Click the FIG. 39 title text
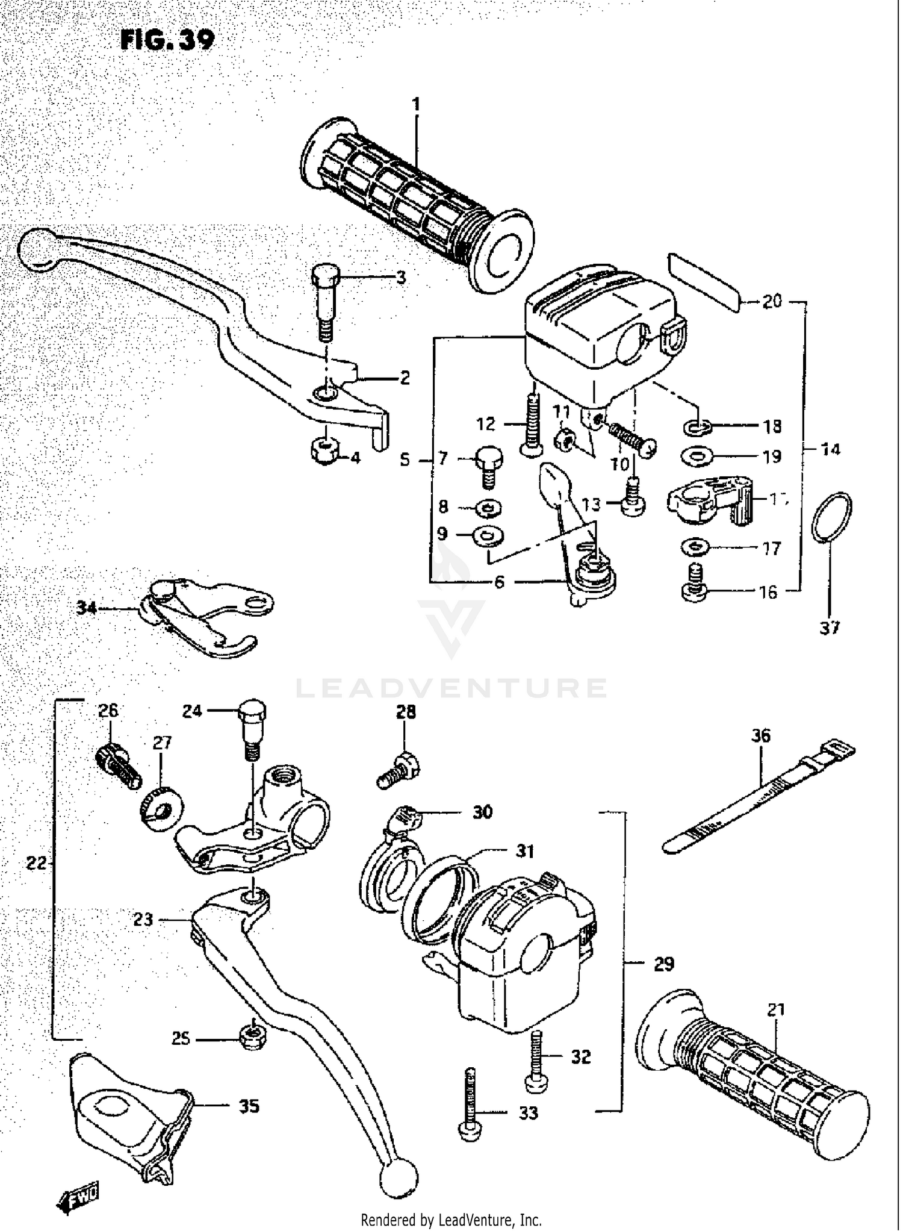[x=167, y=40]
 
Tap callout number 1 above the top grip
[x=416, y=105]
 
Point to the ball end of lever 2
[x=37, y=248]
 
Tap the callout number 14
[x=831, y=449]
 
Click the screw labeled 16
[x=695, y=584]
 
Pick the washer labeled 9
[x=488, y=535]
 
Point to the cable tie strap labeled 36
[x=759, y=795]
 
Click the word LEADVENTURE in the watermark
[x=451, y=688]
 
